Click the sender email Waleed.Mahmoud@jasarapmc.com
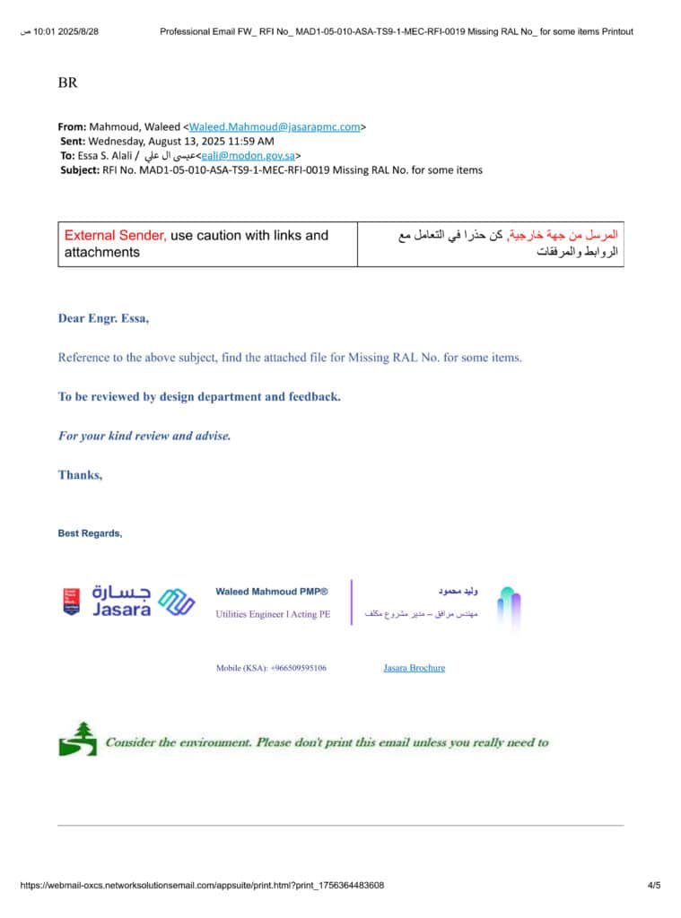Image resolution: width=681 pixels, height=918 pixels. coord(275,126)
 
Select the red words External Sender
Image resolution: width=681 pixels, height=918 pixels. coord(115,236)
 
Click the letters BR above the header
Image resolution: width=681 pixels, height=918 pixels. coord(68,83)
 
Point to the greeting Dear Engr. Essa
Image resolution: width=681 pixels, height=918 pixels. coord(103,318)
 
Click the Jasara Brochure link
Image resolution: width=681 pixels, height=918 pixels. coord(414,668)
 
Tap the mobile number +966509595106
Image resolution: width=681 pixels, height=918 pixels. coord(271,668)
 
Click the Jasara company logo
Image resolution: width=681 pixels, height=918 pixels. coord(128,602)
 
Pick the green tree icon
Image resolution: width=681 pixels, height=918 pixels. coord(77,739)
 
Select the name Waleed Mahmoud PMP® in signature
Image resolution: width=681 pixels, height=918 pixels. coord(272,592)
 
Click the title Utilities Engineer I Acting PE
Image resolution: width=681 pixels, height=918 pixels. coord(273,614)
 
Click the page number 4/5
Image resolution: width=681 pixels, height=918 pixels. coord(653,886)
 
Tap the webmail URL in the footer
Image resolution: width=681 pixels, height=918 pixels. coord(202,886)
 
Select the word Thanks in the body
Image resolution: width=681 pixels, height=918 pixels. coord(80,475)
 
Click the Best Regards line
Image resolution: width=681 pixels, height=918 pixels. coord(90,533)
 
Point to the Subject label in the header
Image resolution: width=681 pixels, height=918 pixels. coord(80,169)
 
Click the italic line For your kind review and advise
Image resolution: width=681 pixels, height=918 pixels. coord(144,436)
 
